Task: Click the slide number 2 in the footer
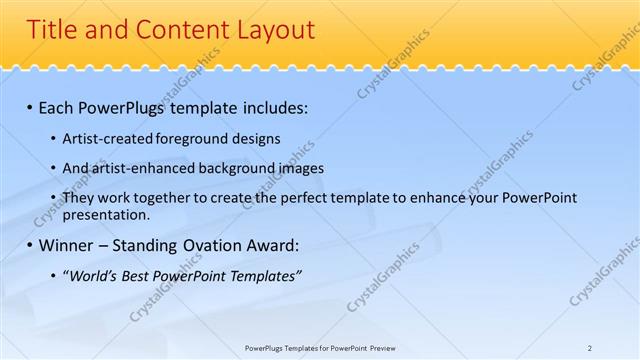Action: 590,348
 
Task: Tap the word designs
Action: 254,138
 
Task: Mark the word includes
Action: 275,106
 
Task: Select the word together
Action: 154,198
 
